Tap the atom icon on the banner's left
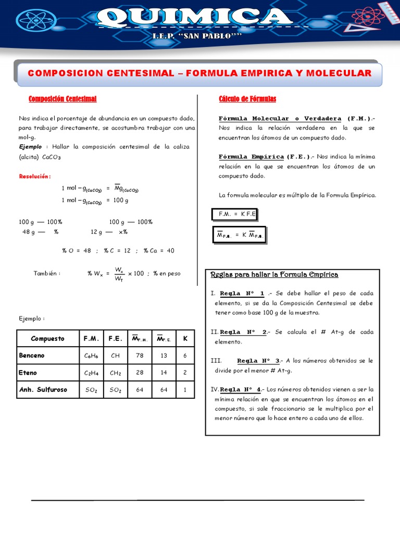coord(36,20)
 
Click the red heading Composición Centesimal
coord(63,99)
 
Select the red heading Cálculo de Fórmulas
coord(247,99)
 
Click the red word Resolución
coord(34,176)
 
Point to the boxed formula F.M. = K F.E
coord(234,214)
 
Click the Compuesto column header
coord(47,339)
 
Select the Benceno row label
coord(32,356)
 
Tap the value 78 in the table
coord(140,356)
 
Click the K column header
coord(184,339)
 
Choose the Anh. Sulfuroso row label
coord(43,389)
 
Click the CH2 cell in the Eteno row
coord(116,373)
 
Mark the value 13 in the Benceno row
coord(164,356)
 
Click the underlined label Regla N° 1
coord(242,293)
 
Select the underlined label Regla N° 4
coord(241,389)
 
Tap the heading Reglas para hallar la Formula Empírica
coord(274,274)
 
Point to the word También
coord(47,273)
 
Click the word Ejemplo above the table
coord(31,319)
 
